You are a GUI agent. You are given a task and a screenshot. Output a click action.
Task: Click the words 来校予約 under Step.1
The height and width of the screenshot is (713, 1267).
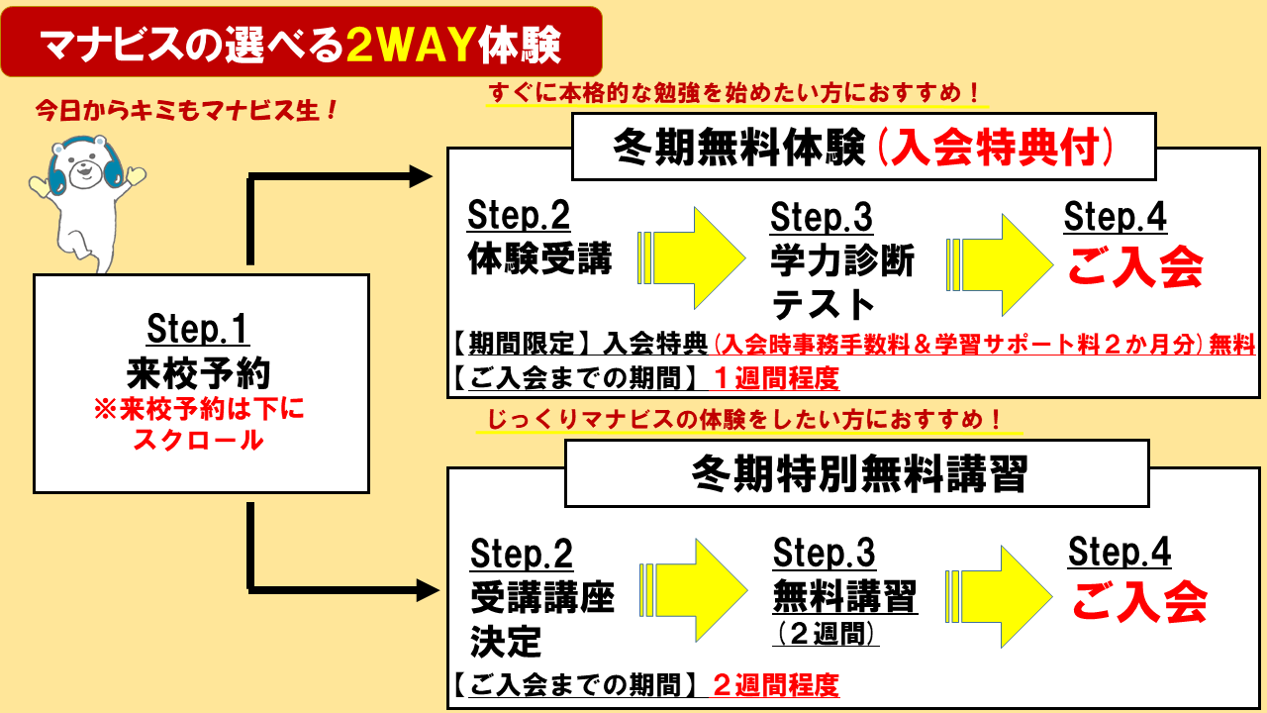[198, 371]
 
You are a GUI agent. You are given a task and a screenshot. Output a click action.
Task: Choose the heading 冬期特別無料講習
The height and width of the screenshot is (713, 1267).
[858, 475]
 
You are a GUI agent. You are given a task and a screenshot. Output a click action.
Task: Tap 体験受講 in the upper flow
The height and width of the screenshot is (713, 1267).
[539, 259]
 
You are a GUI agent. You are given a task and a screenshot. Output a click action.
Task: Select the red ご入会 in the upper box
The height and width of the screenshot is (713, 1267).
[1133, 267]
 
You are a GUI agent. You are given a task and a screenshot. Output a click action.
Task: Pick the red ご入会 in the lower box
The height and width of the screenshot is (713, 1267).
[1138, 601]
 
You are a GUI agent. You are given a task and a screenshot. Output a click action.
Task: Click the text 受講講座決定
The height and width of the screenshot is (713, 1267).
[541, 620]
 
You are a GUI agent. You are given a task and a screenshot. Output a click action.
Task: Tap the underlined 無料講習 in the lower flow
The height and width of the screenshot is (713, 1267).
[844, 597]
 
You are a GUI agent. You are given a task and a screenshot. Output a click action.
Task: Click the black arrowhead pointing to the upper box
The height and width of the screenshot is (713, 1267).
[422, 177]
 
